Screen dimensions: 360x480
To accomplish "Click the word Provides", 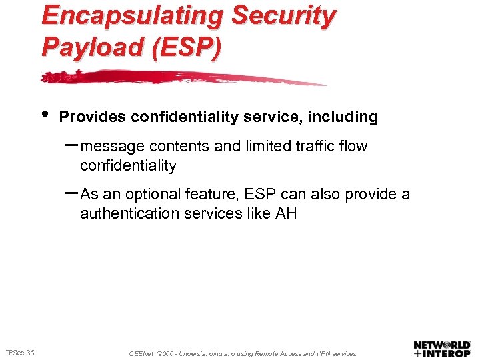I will pos(93,117).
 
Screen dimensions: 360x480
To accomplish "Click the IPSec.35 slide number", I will pos(20,352).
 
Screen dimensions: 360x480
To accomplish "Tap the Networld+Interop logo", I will pos(442,349).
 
